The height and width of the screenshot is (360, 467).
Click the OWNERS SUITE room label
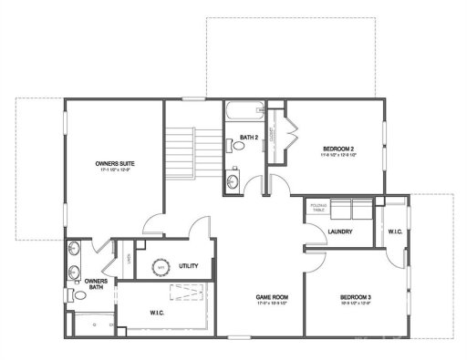click(x=114, y=163)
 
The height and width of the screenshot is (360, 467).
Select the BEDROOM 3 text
click(x=355, y=297)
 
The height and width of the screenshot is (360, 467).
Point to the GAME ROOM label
click(x=271, y=297)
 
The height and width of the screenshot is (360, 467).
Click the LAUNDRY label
click(x=339, y=231)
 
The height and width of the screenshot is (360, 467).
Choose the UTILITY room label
click(x=189, y=265)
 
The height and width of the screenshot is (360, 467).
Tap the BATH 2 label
click(x=249, y=138)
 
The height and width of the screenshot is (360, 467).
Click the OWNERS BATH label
click(x=96, y=285)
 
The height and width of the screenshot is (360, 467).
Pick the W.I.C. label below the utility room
click(x=156, y=314)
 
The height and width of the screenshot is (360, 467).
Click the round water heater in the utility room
click(x=161, y=267)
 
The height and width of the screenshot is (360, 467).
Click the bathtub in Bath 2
click(x=243, y=113)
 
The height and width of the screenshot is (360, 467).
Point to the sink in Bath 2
click(x=232, y=183)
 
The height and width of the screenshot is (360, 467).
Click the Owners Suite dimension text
click(x=114, y=170)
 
